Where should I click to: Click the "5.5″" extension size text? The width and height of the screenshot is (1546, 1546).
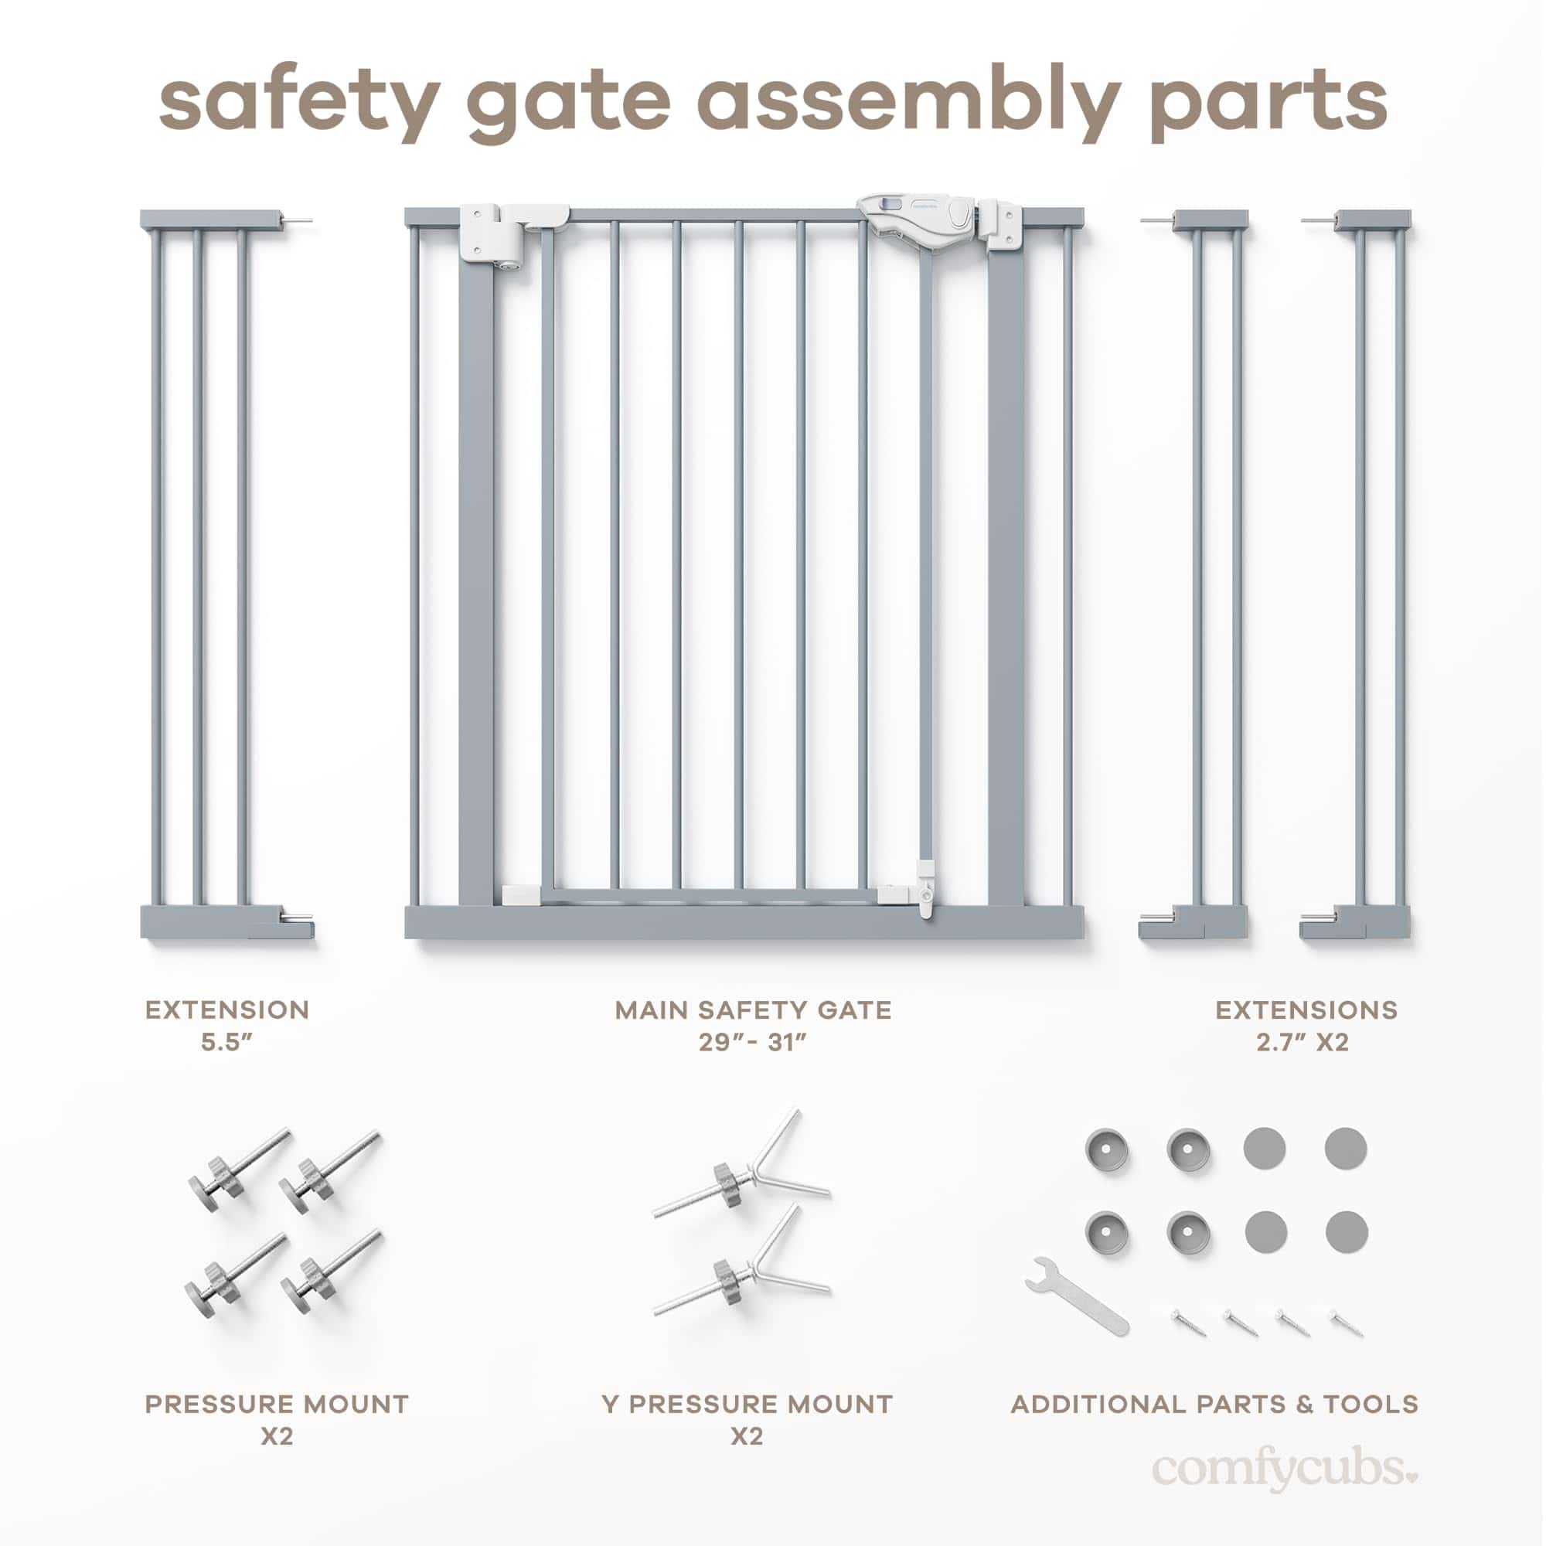(x=226, y=1043)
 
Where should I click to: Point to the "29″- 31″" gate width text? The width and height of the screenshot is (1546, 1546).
(x=752, y=1043)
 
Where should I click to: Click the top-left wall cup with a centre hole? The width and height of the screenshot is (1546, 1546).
(x=1105, y=1149)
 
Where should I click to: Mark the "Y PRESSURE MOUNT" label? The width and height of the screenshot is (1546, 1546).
(x=747, y=1405)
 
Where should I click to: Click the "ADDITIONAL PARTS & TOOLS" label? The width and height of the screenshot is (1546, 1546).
(x=1214, y=1405)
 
